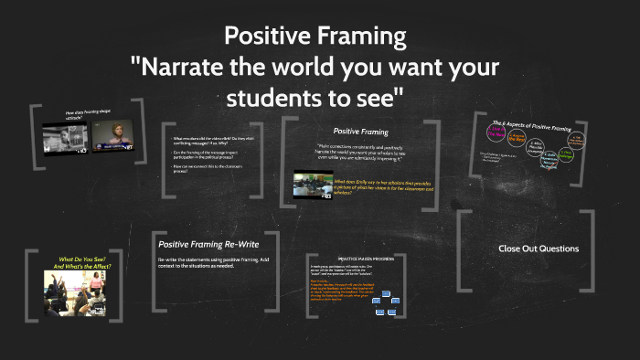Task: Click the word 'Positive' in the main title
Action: (264, 37)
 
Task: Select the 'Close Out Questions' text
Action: (539, 249)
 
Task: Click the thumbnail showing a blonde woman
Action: (110, 135)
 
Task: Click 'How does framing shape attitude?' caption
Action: (86, 115)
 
